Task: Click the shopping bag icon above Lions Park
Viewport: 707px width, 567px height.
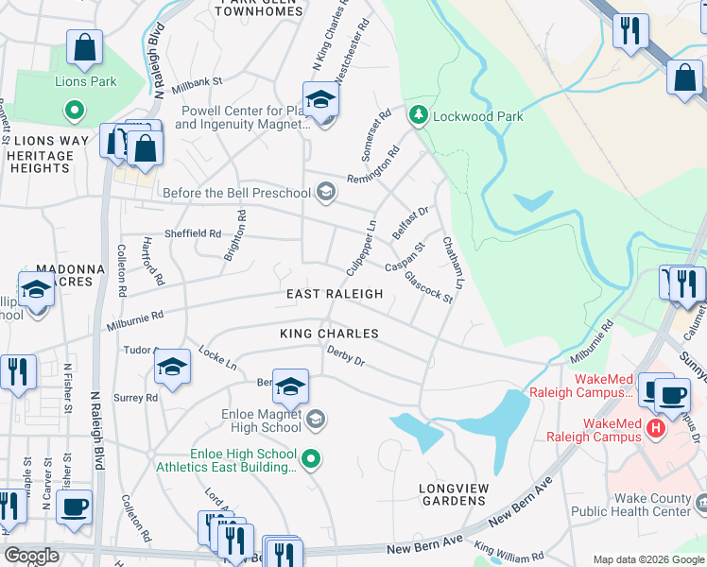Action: [x=84, y=47]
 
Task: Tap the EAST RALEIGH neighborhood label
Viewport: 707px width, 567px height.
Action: [x=336, y=294]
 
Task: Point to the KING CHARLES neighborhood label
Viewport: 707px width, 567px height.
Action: [x=329, y=334]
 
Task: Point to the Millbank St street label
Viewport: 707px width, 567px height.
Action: [x=196, y=82]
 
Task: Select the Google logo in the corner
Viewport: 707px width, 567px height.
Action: [x=31, y=556]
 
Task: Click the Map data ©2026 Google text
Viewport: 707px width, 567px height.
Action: [x=647, y=559]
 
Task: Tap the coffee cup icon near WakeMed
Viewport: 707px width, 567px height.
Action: [x=672, y=394]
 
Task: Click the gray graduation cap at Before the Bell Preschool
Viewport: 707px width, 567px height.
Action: [x=325, y=194]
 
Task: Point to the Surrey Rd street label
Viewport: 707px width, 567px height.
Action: [x=138, y=398]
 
